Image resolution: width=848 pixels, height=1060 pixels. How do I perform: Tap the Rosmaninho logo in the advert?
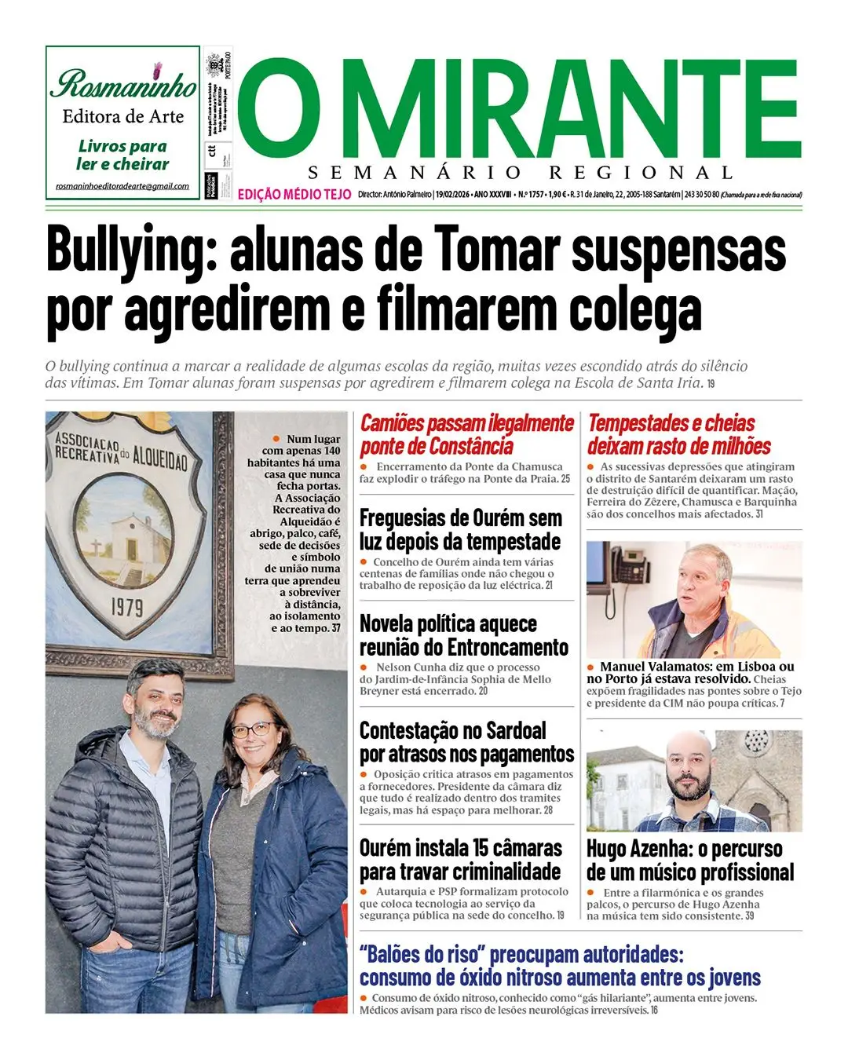click(x=123, y=83)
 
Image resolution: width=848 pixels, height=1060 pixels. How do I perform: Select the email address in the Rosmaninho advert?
click(x=122, y=186)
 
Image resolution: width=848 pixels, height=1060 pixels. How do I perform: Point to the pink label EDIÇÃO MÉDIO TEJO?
click(x=294, y=195)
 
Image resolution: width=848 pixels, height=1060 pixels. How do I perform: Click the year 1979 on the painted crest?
click(x=126, y=607)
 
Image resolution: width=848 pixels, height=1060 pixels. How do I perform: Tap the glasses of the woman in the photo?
click(x=253, y=729)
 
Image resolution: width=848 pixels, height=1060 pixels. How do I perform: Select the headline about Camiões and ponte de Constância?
click(x=466, y=434)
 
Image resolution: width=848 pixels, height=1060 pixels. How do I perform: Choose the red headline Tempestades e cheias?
click(x=671, y=423)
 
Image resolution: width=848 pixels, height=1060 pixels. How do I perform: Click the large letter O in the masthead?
click(x=271, y=109)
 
